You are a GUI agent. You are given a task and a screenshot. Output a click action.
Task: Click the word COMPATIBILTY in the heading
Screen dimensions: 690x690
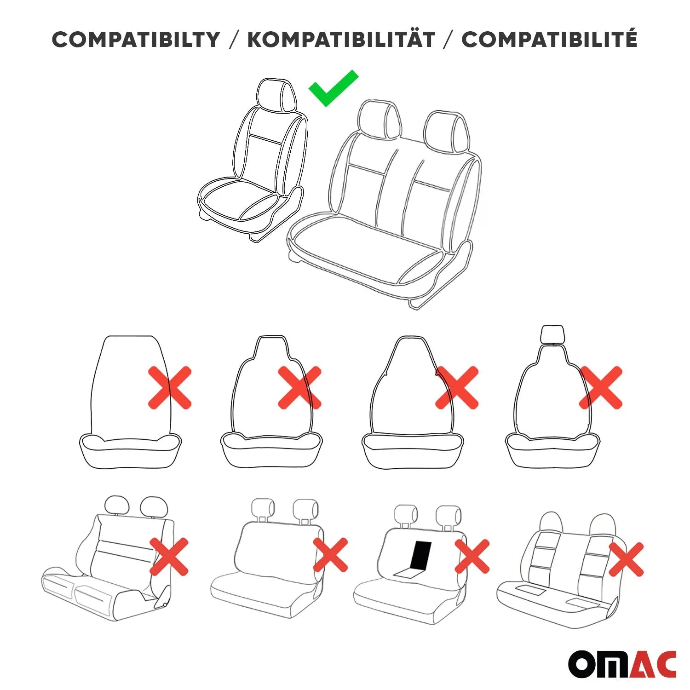click(136, 40)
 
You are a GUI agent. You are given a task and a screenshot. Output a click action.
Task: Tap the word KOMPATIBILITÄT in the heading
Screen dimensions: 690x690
click(341, 40)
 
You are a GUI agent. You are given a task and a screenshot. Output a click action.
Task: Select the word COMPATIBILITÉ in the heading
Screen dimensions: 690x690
click(549, 40)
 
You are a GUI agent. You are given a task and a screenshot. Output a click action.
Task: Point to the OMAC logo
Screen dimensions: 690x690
click(622, 664)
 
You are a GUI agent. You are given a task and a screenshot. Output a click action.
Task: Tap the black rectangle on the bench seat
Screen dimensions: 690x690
click(421, 555)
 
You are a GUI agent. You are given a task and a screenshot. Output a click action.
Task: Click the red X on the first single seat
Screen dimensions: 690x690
click(169, 388)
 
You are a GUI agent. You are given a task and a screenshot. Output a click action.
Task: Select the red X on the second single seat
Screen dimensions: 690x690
click(299, 388)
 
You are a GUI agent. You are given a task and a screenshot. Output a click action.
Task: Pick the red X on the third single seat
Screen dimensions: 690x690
click(457, 388)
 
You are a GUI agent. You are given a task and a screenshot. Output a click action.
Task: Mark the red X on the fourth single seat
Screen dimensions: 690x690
click(601, 388)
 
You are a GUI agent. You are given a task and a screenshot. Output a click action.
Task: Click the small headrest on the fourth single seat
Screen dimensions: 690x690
click(552, 333)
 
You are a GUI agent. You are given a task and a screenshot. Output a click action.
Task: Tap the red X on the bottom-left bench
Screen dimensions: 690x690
click(169, 557)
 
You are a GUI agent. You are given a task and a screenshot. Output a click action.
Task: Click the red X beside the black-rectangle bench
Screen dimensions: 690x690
click(472, 556)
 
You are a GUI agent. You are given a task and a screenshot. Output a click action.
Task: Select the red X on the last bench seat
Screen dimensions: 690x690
click(626, 559)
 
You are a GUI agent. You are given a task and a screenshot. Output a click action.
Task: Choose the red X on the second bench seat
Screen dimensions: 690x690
click(330, 555)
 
